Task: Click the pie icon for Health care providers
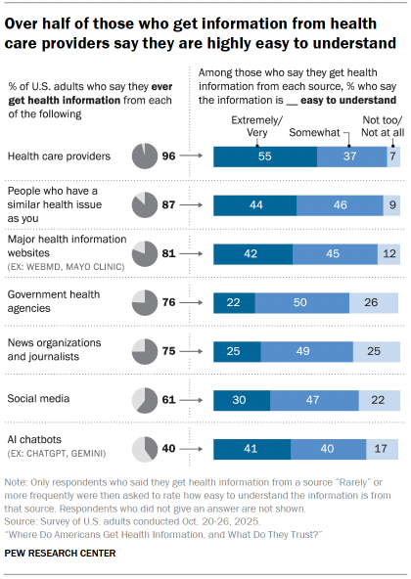point(143,156)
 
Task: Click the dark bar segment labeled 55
point(265,156)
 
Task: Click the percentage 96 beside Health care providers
point(169,156)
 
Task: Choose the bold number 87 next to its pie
point(169,204)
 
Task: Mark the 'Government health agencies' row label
point(53,301)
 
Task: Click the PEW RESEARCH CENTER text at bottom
point(61,554)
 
